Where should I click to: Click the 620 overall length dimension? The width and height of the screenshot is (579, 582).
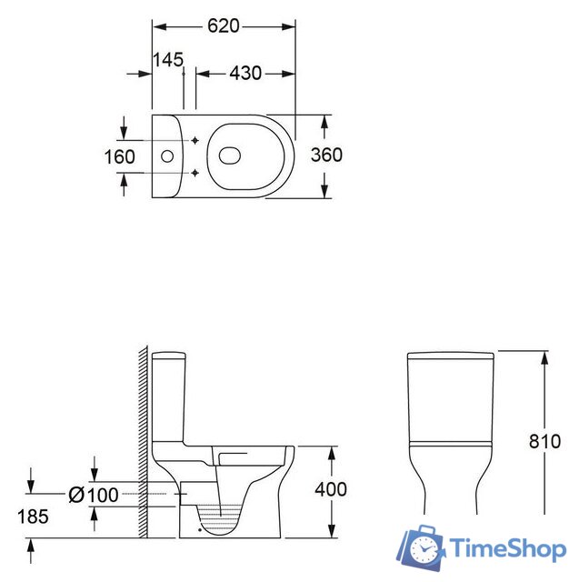point(223,26)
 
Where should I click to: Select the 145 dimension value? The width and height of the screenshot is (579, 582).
point(168,59)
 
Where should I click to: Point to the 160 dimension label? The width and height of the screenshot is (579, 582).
point(119,156)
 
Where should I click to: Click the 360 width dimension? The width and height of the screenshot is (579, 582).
point(326,155)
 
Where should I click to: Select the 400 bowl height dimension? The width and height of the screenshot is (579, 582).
point(331,489)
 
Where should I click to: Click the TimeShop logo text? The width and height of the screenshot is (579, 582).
point(508,549)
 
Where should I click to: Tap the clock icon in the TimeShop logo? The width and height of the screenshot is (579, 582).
point(424,548)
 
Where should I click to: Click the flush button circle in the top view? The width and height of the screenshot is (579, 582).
point(166,156)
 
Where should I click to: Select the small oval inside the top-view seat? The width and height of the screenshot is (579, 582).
point(229,156)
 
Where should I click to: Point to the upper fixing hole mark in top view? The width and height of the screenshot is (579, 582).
point(195,140)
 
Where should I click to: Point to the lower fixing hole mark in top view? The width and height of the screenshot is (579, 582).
point(195,172)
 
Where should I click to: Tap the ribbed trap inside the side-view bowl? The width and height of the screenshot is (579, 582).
point(219,518)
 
